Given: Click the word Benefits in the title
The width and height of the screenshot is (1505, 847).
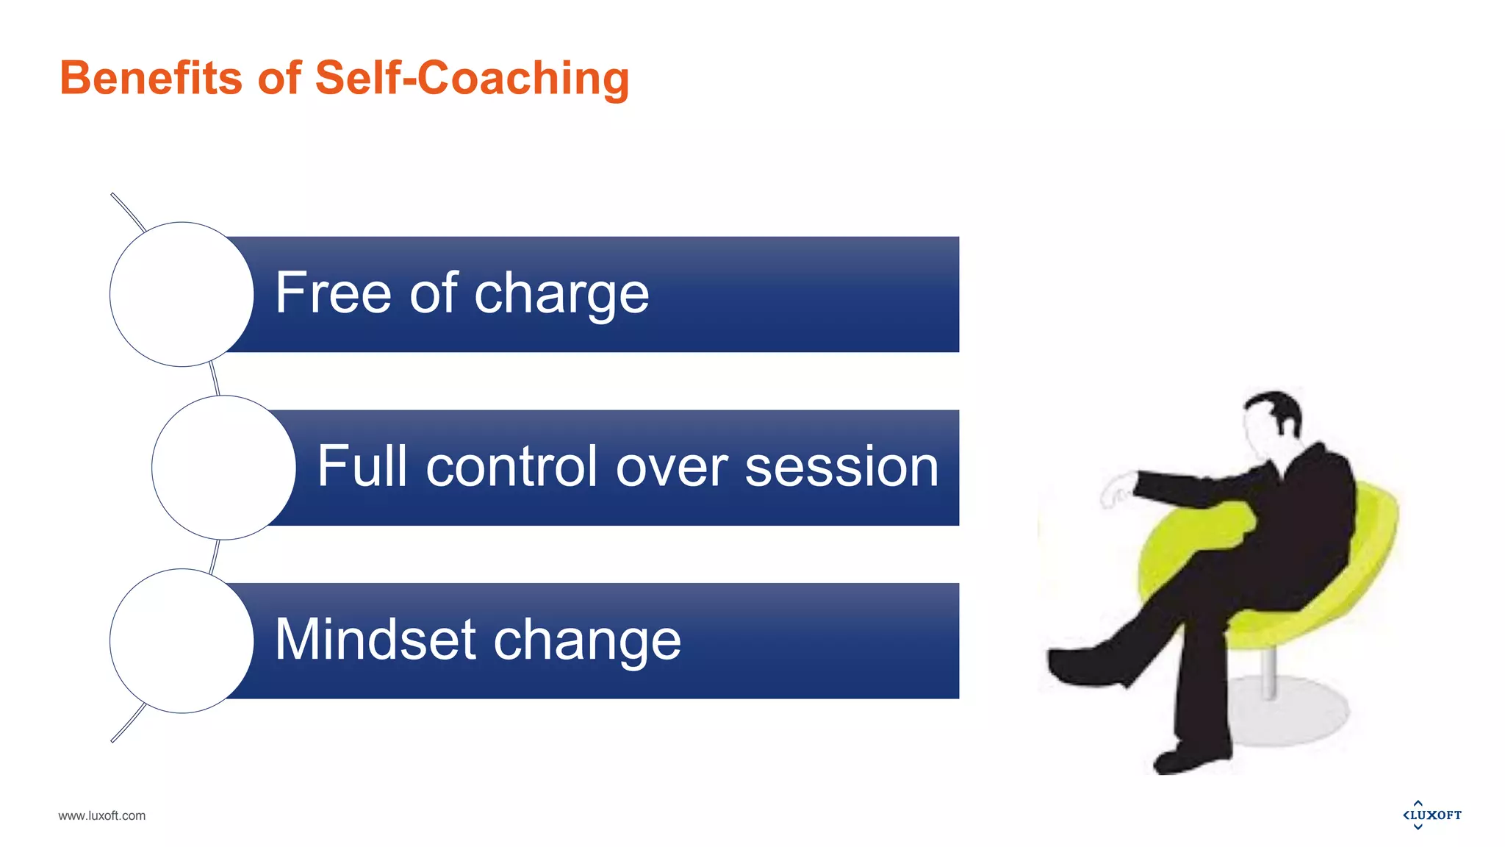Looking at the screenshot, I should coord(151,78).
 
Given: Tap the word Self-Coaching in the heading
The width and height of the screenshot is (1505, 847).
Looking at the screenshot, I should coord(472,78).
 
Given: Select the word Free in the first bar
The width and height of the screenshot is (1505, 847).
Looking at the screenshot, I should coord(333,293).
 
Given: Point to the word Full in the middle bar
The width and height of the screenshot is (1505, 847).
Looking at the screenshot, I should coord(362,466).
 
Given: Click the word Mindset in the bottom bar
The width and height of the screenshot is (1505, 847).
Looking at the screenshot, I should coord(375,640).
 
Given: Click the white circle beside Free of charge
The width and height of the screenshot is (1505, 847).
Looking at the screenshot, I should coord(182,294).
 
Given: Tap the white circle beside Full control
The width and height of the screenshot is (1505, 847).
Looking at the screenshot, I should coord(223,468).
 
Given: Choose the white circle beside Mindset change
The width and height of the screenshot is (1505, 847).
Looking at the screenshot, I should coord(182,640).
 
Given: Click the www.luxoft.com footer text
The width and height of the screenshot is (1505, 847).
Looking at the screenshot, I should coord(101,815).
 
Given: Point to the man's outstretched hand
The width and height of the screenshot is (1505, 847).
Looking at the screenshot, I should coord(1117,491).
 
